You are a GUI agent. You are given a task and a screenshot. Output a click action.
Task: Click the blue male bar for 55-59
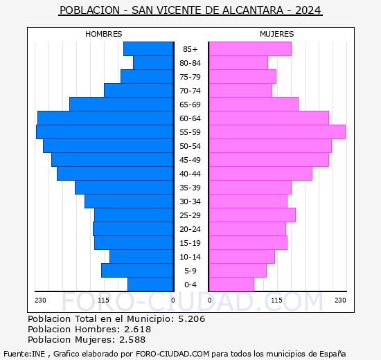(105, 132)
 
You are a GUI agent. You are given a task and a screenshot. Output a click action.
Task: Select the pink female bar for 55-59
(276, 132)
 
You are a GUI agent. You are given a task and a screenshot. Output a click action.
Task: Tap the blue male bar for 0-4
(150, 285)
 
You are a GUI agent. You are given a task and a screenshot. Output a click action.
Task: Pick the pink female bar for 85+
(249, 49)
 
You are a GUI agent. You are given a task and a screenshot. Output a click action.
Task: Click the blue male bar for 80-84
(153, 63)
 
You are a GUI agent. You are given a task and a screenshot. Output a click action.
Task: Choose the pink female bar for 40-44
(260, 174)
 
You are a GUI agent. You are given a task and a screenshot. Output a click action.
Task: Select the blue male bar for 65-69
(121, 105)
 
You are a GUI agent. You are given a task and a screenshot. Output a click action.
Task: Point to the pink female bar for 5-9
(237, 271)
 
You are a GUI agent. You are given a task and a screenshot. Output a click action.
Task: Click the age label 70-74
(190, 91)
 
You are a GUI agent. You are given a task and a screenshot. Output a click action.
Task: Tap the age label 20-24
(190, 229)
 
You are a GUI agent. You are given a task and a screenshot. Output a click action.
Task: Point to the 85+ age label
(190, 49)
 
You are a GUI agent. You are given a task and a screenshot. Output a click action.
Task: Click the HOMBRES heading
(104, 34)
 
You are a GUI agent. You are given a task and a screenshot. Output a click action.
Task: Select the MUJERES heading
(276, 34)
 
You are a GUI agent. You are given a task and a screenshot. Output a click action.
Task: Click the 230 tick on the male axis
(40, 300)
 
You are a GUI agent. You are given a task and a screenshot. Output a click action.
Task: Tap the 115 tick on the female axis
(276, 300)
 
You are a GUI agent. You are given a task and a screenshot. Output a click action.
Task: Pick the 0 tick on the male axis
(172, 300)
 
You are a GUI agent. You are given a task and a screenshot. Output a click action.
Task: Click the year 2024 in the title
(308, 10)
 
